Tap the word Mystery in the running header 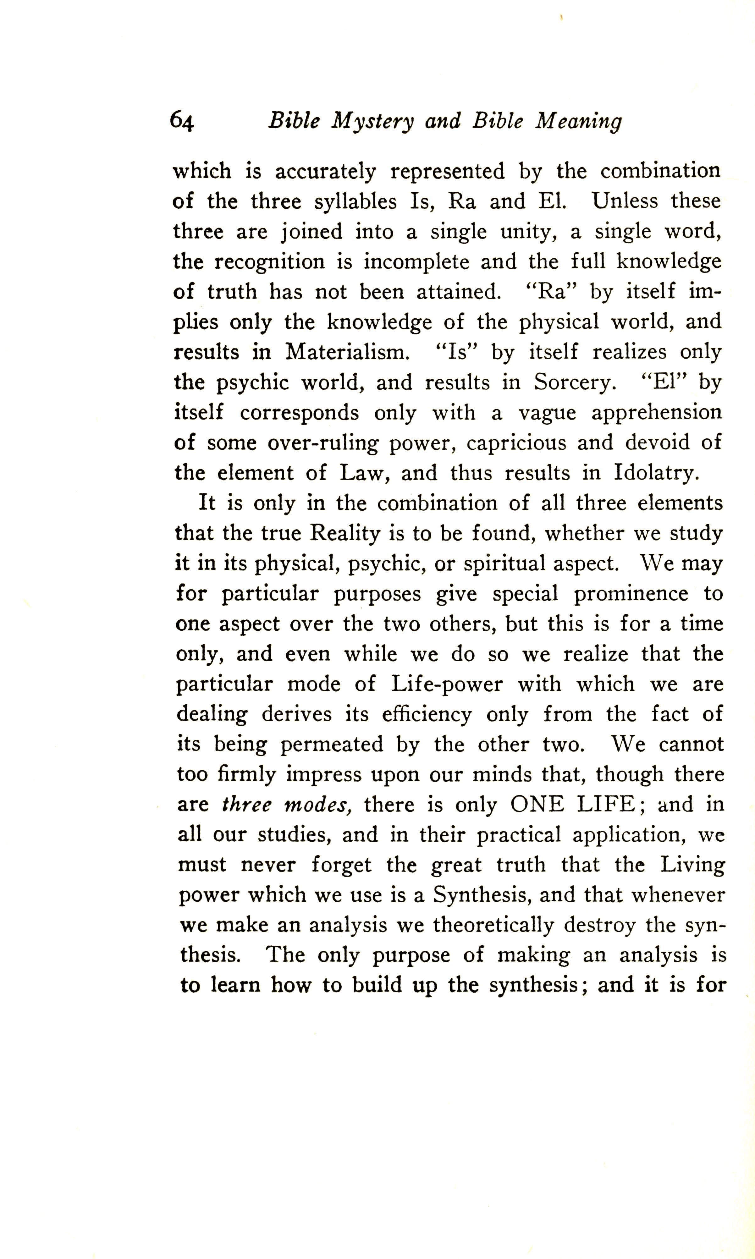[372, 121]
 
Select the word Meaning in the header [578, 121]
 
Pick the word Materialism [347, 352]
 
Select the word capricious [516, 443]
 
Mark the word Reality [345, 533]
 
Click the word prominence [631, 594]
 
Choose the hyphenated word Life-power [447, 684]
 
